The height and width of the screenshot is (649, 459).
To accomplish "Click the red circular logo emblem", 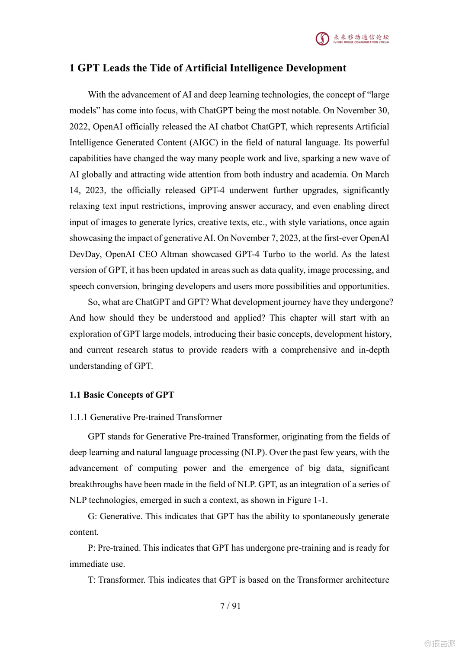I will tap(322, 39).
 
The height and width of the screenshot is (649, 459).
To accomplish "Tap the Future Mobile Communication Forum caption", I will tap(361, 42).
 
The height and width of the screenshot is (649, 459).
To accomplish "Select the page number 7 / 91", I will tap(230, 606).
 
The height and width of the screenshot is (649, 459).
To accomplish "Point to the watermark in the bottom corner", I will tap(440, 643).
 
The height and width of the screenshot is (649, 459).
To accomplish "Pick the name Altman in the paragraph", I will tap(173, 254).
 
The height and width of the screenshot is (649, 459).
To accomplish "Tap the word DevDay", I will tap(85, 254).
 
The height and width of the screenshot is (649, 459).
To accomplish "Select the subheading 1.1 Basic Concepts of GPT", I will tap(122, 395).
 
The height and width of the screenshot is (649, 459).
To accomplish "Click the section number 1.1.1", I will tap(78, 417).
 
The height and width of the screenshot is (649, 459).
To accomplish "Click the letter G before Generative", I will tap(91, 516).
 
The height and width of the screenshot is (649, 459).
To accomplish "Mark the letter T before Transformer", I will tap(91, 580).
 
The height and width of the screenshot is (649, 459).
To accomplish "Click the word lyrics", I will tap(173, 222).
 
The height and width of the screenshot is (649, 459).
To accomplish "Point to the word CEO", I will tap(148, 254).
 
